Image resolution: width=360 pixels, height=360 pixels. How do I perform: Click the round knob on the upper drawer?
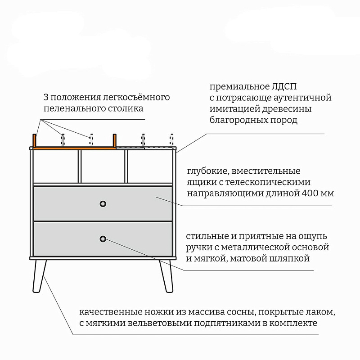(x=103, y=203)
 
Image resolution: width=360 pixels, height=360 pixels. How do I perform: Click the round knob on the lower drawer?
(x=103, y=238)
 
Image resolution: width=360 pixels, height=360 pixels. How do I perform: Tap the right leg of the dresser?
(x=166, y=275)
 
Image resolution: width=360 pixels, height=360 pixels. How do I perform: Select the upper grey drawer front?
(x=135, y=203)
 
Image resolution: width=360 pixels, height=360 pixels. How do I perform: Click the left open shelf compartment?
(x=55, y=166)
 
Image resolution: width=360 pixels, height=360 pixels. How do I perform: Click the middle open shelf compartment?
(x=103, y=166)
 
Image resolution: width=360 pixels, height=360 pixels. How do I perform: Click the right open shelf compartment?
(x=150, y=166)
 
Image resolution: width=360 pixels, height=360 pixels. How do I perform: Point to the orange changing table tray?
(x=74, y=147)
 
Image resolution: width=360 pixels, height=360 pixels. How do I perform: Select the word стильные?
(x=206, y=236)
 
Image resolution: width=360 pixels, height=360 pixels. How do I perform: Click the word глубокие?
(x=205, y=171)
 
